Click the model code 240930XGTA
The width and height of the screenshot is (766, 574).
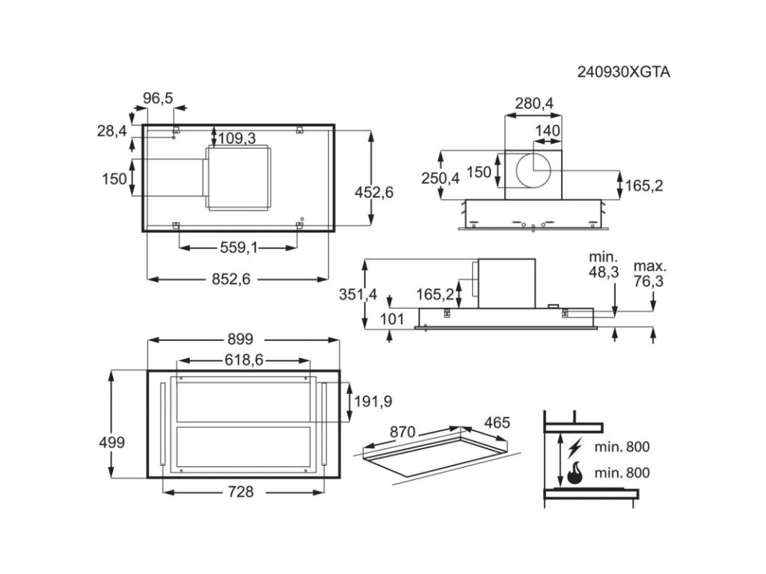623,72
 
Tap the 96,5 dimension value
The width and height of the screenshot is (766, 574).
158,98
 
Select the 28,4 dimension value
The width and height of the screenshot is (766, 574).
111,132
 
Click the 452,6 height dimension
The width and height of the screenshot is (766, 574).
374,192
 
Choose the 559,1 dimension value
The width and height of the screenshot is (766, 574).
239,248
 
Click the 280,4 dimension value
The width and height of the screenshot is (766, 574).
534,104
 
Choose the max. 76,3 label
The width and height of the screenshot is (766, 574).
650,274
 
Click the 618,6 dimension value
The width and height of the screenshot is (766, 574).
244,360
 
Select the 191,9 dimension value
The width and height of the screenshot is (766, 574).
373,401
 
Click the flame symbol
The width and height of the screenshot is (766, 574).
574,473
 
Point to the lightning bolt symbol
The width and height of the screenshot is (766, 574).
574,448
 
